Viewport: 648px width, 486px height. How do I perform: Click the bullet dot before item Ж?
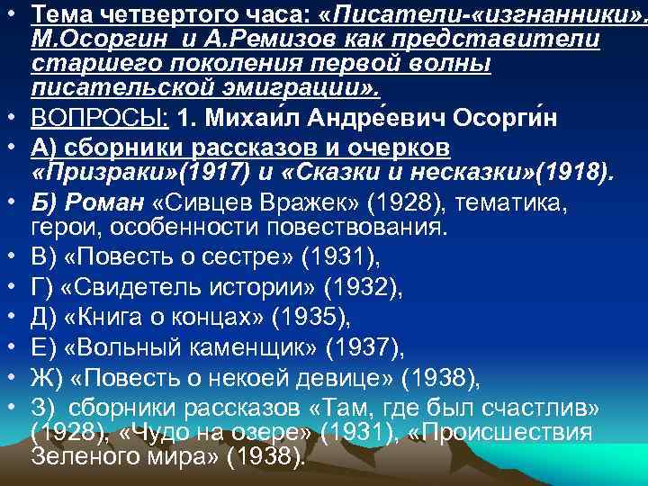13,375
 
